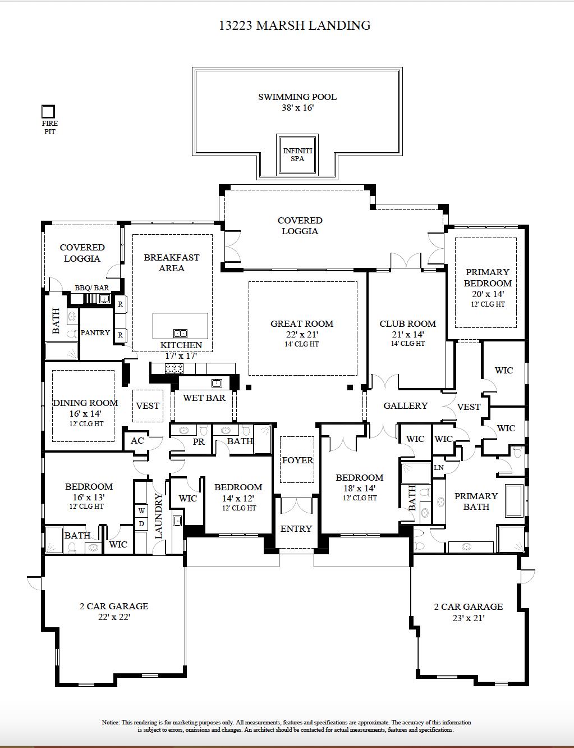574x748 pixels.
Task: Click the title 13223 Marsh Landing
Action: (x=295, y=25)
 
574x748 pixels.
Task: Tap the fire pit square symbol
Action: (x=49, y=111)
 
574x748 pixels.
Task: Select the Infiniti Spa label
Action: (x=297, y=155)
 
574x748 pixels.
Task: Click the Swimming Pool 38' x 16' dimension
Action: (x=297, y=108)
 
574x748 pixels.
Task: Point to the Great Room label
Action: (x=302, y=324)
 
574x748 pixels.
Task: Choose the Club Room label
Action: (x=407, y=324)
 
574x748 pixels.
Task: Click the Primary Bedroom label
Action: (x=487, y=277)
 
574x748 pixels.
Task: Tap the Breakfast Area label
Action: (x=172, y=263)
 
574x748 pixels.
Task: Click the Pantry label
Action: (x=95, y=333)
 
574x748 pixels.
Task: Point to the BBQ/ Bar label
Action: (x=92, y=288)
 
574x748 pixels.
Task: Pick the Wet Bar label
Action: (x=204, y=398)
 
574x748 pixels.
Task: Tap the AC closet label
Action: (x=137, y=441)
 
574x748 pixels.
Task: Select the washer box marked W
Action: (x=141, y=511)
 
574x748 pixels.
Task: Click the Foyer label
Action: (x=297, y=460)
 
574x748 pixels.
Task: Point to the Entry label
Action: (x=296, y=529)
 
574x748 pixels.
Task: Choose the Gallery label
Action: (x=405, y=406)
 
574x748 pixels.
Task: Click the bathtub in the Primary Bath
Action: (x=514, y=500)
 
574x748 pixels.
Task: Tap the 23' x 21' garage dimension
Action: (x=468, y=618)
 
